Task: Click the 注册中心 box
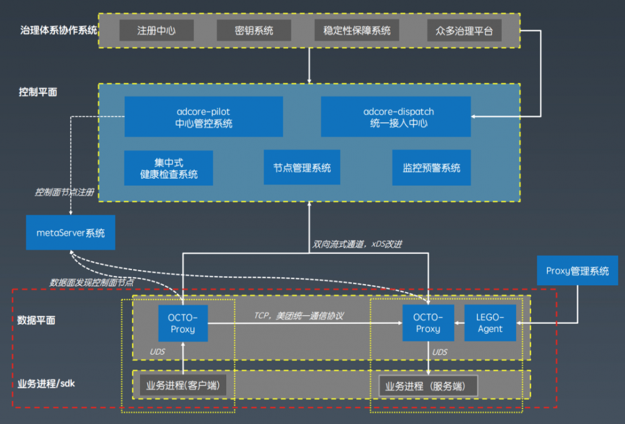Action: click(156, 30)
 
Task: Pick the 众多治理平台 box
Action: click(464, 30)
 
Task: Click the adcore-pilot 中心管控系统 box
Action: click(204, 117)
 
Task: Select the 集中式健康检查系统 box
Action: click(169, 168)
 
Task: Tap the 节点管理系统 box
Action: click(302, 168)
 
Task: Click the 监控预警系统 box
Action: click(431, 168)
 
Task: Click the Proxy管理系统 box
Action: click(577, 271)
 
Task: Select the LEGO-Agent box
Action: click(491, 323)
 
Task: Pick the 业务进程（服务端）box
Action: click(428, 386)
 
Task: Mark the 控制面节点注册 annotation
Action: click(64, 192)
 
